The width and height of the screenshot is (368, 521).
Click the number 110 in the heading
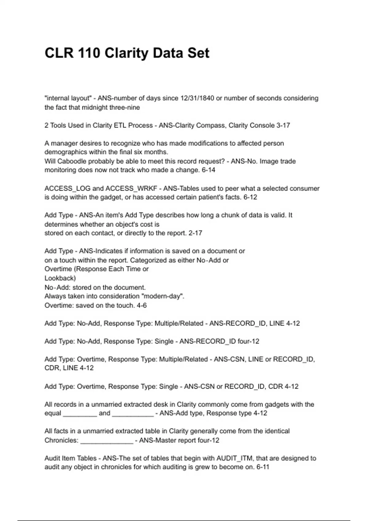tap(89, 53)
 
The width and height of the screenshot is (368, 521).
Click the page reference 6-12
tap(250, 197)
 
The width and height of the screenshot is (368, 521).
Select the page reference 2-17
tap(195, 233)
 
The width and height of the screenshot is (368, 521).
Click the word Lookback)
tap(60, 278)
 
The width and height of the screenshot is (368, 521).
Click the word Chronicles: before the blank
tap(61, 440)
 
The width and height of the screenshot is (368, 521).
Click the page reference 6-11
tap(263, 467)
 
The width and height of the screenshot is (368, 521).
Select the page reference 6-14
tap(209, 170)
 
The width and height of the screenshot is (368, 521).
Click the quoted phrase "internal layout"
tap(68, 98)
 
